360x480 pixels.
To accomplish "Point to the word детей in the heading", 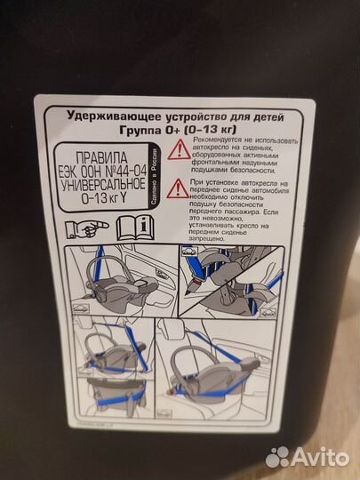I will click(257, 116).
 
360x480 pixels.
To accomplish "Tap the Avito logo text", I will click(320, 456).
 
